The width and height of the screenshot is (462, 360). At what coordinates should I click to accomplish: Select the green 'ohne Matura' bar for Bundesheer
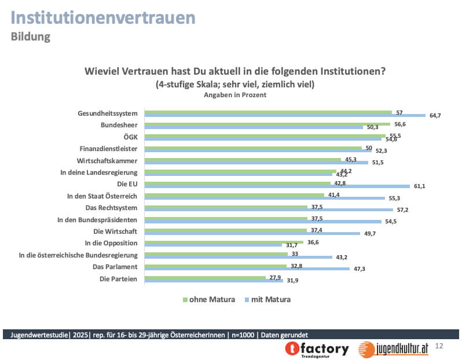point(266,124)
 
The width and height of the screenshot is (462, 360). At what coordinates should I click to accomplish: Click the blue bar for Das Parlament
point(247,269)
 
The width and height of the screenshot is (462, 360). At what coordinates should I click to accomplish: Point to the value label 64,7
point(435,116)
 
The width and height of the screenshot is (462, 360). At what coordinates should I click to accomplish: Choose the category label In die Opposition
point(111,243)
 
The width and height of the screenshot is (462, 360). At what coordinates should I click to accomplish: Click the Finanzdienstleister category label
point(108,148)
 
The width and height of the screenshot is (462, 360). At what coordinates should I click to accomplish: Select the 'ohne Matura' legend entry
point(210,299)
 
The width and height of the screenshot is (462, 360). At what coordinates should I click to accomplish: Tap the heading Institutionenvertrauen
point(103,17)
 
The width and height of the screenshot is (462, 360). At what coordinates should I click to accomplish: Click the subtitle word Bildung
point(30,36)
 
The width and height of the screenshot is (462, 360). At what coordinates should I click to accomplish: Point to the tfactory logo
point(317,348)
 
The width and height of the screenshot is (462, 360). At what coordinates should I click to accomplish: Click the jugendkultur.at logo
point(394,348)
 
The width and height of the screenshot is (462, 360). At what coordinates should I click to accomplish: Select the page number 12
point(439,346)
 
